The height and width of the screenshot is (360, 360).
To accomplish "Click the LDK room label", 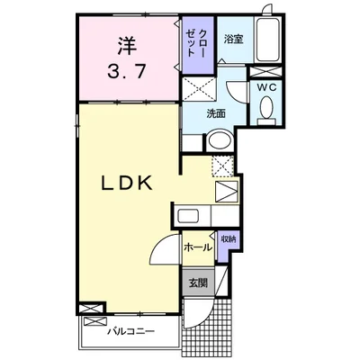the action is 126,183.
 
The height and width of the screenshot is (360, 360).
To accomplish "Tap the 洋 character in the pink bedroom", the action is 127,47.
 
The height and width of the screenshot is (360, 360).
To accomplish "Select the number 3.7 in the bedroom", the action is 127,72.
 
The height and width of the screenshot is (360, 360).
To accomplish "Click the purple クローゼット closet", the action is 198,45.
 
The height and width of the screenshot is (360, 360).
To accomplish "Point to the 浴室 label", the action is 233,40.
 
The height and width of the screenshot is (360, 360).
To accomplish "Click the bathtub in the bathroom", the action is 267,40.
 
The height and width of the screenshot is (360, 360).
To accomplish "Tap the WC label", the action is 265,87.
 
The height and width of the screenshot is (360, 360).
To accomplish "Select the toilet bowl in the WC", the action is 266,108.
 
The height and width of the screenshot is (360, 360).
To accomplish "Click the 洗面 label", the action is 216,113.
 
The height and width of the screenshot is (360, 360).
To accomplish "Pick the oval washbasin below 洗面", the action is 220,140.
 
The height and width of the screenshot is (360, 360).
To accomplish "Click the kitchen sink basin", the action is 187,216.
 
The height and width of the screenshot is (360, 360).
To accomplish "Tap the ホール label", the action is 198,247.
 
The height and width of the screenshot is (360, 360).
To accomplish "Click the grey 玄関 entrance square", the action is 198,283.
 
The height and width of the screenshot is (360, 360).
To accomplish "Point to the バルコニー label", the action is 131,332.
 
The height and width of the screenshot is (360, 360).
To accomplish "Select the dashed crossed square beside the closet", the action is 200,89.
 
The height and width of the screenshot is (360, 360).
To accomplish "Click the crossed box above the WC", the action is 265,72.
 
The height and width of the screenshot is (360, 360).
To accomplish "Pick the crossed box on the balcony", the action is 95,321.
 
